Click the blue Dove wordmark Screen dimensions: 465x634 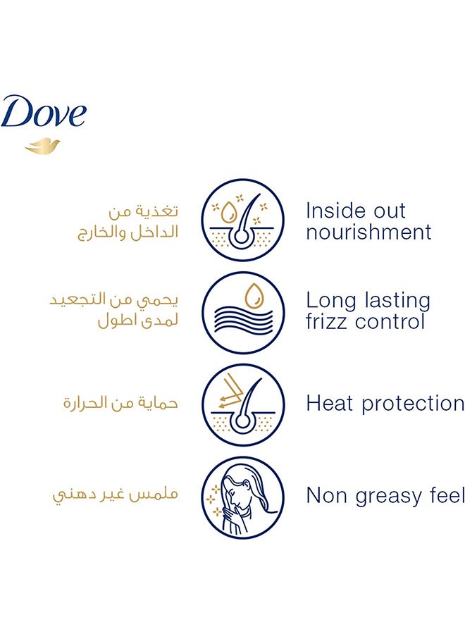[x=43, y=111]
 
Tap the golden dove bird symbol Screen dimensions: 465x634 [x=42, y=147]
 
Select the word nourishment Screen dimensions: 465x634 [x=368, y=232]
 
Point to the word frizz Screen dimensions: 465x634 [x=326, y=322]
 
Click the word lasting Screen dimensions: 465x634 [x=397, y=301]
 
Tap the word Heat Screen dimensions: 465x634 [x=329, y=404]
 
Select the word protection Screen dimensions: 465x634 [x=413, y=404]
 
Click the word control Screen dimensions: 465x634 [x=390, y=322]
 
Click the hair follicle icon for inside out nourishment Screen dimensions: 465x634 [x=242, y=220]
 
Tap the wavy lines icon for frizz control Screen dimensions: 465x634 [x=242, y=313]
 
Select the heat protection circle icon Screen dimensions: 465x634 [x=242, y=405]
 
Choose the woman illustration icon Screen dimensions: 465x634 [x=242, y=497]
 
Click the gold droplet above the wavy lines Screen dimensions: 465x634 [x=254, y=296]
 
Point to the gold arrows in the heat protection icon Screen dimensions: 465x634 [x=230, y=392]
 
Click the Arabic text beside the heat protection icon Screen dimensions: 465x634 [x=120, y=403]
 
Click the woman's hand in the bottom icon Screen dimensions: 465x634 [x=233, y=519]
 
